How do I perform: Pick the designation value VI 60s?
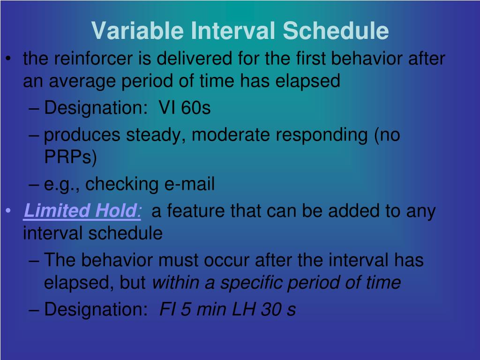185,108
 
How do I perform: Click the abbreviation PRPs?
70,157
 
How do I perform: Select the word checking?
122,185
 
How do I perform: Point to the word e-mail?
189,185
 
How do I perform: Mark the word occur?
231,260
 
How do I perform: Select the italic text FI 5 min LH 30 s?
228,310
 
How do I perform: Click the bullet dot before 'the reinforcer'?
9,60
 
